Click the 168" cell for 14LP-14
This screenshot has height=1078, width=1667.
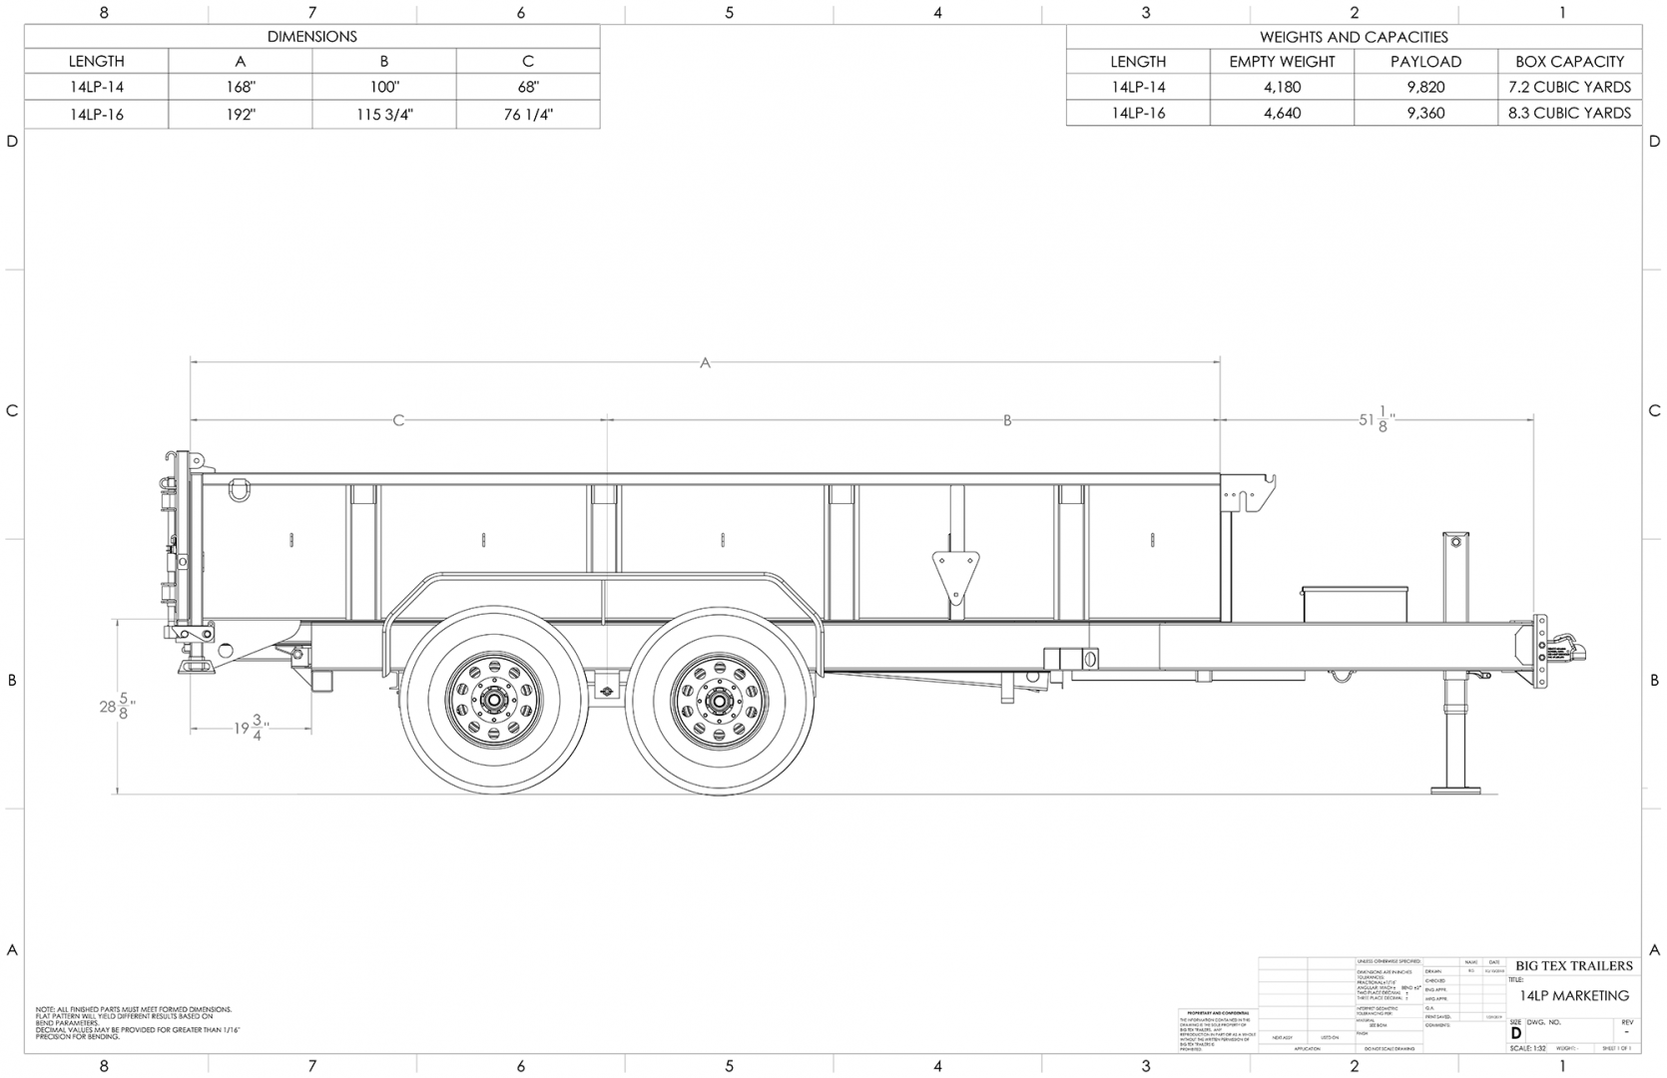[240, 87]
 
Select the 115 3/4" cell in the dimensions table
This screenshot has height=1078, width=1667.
[384, 114]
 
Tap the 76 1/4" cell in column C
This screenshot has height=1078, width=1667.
[528, 114]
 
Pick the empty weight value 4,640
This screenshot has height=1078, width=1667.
[1282, 113]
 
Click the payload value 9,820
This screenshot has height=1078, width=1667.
[1425, 87]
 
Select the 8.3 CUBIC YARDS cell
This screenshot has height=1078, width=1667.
[1569, 113]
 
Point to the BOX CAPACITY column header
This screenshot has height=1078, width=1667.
[1569, 61]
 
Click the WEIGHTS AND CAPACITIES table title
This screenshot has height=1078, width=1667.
[1353, 37]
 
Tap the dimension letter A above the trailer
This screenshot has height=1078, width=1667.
[705, 363]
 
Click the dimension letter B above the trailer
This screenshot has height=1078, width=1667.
[1007, 420]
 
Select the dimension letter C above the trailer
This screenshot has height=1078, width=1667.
[398, 420]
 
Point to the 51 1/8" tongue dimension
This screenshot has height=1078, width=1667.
[1376, 419]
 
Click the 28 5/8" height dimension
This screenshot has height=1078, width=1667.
[118, 706]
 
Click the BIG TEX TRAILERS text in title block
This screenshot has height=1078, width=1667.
[1573, 965]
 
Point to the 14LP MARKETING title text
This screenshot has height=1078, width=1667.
[1573, 995]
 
